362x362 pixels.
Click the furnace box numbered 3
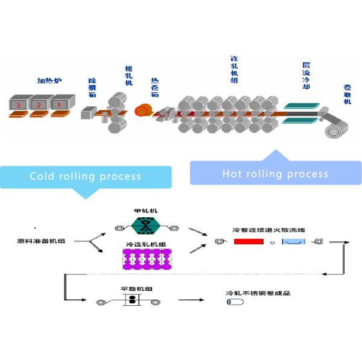click(x=20, y=103)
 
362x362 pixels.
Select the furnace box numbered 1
click(x=60, y=103)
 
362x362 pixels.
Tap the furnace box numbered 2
click(x=40, y=103)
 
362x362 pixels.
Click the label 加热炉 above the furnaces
click(x=49, y=80)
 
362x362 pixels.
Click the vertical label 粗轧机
click(x=128, y=75)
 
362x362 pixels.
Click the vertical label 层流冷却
click(x=306, y=75)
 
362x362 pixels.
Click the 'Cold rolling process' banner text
click(x=86, y=177)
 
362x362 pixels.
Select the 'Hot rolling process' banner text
click(x=275, y=174)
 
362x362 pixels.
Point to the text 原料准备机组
click(x=41, y=241)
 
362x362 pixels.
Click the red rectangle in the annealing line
click(x=249, y=242)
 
